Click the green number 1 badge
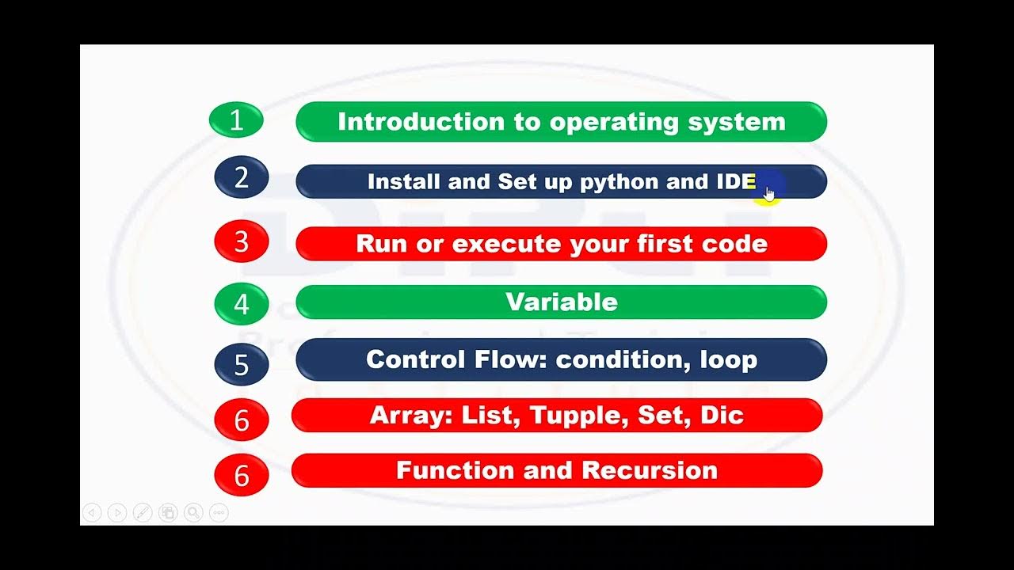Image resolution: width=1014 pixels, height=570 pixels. (x=236, y=120)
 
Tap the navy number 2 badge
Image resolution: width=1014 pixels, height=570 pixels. (x=242, y=177)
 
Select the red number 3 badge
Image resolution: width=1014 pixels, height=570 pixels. (x=242, y=241)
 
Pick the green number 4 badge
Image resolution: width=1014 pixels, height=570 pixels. (x=242, y=304)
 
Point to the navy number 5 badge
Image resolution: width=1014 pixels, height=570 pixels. (x=242, y=364)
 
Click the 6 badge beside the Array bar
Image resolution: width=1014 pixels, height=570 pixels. (x=242, y=420)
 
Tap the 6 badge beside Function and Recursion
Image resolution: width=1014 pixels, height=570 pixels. (x=242, y=475)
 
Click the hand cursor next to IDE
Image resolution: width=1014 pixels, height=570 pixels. (x=768, y=193)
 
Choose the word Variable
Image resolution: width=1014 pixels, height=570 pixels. (x=561, y=302)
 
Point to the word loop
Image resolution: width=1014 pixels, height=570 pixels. (x=729, y=360)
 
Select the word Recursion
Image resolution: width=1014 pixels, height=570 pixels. (x=650, y=470)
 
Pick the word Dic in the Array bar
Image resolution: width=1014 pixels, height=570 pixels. (x=722, y=416)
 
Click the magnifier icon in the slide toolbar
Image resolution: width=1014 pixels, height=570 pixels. (x=193, y=513)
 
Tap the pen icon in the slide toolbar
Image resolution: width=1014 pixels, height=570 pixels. (x=143, y=513)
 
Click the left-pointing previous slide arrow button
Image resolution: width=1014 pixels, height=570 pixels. (x=92, y=513)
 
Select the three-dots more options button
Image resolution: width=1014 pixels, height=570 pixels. (x=219, y=513)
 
